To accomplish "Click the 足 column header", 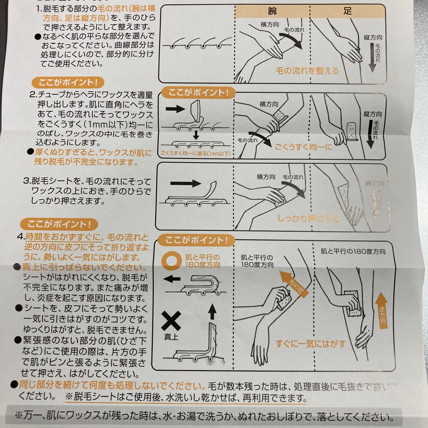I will pos(347,11).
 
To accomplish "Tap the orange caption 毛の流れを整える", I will pos(307,71).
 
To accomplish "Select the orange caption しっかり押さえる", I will pos(309,218).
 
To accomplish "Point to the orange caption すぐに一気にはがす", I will pos(310,344).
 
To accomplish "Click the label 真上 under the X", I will pos(171,337).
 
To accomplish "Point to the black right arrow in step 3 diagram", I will pos(185,184).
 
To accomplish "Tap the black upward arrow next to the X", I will pos(212,311).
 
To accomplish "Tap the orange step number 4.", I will pos(21,237).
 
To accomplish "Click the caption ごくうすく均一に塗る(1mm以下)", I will pos(196,153).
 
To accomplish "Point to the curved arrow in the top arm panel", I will pos(291,40).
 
